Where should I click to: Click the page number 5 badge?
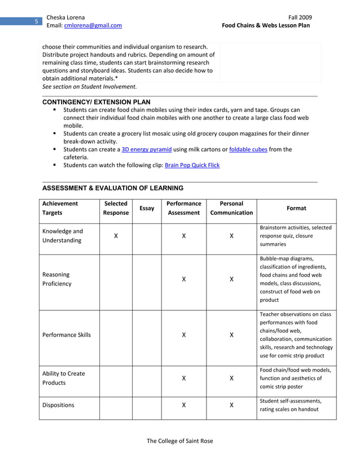click(x=36, y=21)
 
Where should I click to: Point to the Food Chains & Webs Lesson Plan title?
click(x=266, y=25)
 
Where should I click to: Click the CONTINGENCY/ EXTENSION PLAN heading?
click(x=96, y=102)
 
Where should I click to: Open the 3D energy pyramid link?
click(x=147, y=150)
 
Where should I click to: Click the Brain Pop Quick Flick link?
click(x=192, y=165)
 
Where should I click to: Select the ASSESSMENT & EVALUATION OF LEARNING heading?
click(x=113, y=188)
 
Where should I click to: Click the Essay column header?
click(x=147, y=208)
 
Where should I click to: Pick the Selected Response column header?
click(x=116, y=208)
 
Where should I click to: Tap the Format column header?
click(x=296, y=208)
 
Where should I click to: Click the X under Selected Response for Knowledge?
click(x=116, y=236)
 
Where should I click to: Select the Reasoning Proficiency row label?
click(x=57, y=279)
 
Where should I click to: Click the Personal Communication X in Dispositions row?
click(x=231, y=405)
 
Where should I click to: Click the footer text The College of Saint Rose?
click(x=180, y=441)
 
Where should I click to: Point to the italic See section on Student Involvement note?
click(x=89, y=87)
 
